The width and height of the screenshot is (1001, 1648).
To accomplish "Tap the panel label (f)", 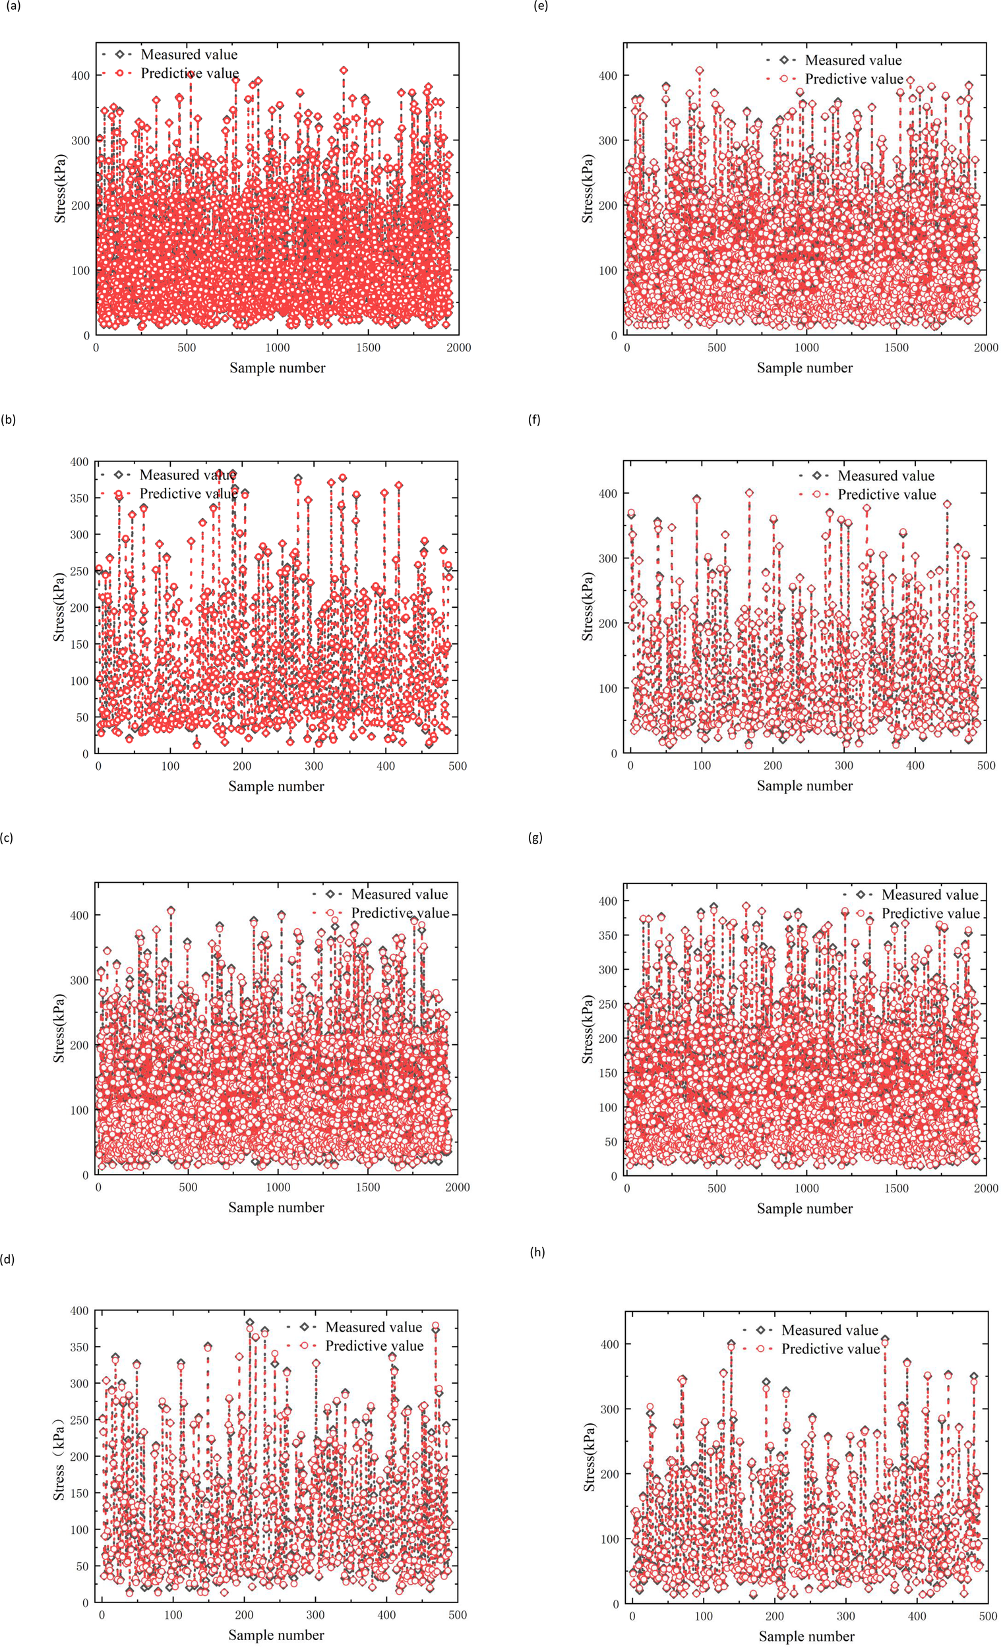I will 534,420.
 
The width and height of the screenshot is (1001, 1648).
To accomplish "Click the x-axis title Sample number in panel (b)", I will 276,786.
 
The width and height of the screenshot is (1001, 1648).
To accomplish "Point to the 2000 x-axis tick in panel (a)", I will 459,347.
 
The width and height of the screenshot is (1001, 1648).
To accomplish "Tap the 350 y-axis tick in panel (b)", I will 80,498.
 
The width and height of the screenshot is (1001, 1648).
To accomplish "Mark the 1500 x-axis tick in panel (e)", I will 897,347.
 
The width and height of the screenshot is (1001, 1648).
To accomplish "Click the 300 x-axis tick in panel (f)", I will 844,765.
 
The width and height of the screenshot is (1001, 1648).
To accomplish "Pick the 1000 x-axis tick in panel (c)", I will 278,1187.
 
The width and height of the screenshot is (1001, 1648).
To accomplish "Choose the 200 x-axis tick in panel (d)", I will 244,1614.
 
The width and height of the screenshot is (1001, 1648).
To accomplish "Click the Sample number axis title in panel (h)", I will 806,1636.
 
